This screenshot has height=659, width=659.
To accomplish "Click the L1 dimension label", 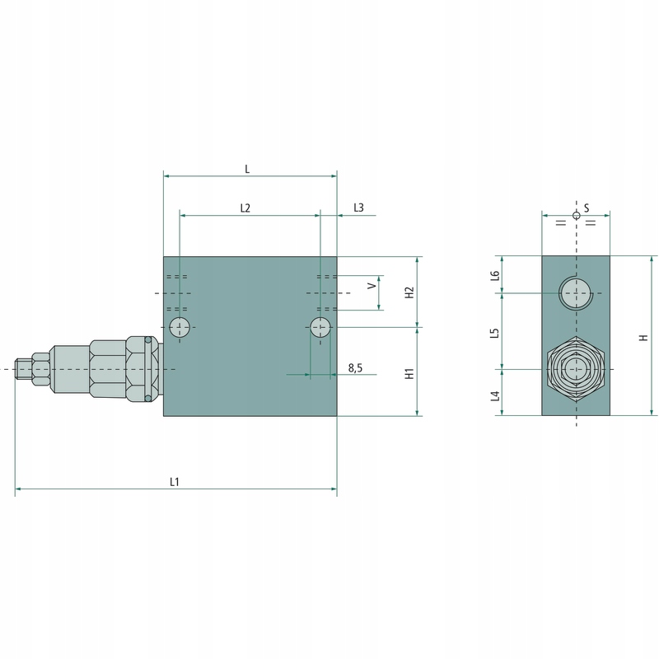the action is pos(175,482).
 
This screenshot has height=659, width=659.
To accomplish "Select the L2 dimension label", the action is pos(245,208).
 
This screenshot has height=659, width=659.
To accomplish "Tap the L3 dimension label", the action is pos(358,208).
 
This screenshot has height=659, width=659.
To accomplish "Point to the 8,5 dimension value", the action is pos(355,368).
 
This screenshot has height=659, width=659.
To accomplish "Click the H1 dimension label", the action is pos(409,373).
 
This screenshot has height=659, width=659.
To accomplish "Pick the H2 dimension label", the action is pos(409,292).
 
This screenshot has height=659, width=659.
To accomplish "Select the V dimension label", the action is pos(372,286).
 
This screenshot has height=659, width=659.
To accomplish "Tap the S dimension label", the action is pos(587,208).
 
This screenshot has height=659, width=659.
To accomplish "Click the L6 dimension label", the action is pos(496,275).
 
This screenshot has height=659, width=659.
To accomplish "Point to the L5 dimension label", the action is pos(496,334).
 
